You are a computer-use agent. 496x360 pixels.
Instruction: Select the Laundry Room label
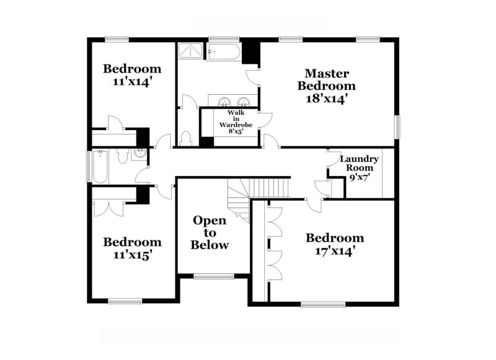click(359, 163)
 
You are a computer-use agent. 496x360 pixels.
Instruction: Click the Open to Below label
click(210, 232)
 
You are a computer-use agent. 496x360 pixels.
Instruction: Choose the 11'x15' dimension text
click(132, 254)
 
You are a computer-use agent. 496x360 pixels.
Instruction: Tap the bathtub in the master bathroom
click(224, 51)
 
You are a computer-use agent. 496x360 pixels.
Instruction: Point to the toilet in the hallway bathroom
click(122, 157)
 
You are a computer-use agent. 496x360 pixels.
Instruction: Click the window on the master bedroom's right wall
click(398, 127)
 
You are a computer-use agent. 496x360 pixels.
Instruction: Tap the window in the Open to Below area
click(210, 276)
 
